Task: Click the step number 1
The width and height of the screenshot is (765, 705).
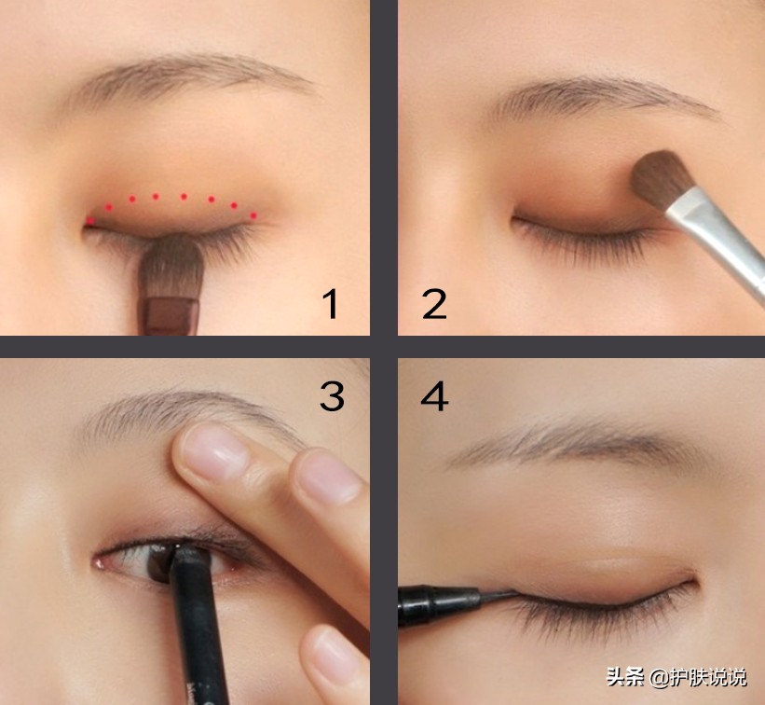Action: click(x=330, y=303)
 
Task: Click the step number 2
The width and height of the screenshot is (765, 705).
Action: click(x=434, y=304)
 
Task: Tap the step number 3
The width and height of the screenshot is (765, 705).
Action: click(x=332, y=396)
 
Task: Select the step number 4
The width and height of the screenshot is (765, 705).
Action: click(x=434, y=396)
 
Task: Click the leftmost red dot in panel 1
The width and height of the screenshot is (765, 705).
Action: click(x=90, y=221)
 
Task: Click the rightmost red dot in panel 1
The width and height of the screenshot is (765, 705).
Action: click(x=253, y=215)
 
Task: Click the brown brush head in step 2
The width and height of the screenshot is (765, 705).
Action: click(x=662, y=179)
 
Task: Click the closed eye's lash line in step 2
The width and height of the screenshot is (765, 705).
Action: click(x=585, y=229)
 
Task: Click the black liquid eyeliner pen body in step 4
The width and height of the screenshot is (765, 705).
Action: click(x=438, y=605)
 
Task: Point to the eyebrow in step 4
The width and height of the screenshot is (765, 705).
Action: click(x=576, y=444)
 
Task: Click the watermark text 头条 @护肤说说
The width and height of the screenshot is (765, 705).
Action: click(x=676, y=678)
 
